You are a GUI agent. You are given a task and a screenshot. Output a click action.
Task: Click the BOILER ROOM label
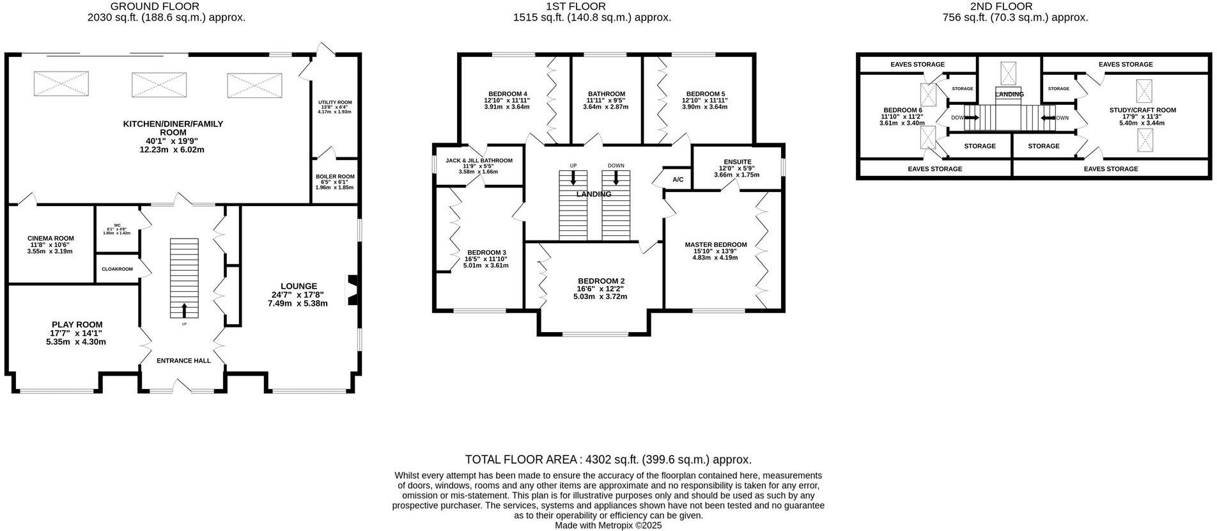(x=335, y=177)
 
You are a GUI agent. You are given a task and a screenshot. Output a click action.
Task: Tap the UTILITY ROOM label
(x=335, y=102)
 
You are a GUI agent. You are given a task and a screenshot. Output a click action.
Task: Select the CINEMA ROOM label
(x=50, y=239)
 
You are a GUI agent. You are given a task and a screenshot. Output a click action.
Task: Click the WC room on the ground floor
(x=117, y=228)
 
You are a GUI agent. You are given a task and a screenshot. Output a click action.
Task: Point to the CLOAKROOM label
(x=117, y=269)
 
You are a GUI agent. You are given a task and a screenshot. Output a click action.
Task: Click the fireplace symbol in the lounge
(x=352, y=290)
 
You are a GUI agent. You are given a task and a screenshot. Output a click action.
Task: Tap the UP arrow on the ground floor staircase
(x=185, y=310)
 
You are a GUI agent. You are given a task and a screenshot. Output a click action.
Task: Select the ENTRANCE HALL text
(x=184, y=361)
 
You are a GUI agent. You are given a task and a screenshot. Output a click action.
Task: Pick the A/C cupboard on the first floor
(x=678, y=180)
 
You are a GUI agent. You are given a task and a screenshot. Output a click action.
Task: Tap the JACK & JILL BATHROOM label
(x=479, y=161)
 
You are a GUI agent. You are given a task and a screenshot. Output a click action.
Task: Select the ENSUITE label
(x=738, y=162)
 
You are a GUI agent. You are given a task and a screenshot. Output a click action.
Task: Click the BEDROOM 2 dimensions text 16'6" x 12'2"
(x=600, y=289)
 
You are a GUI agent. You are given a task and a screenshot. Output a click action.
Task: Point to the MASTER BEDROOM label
(x=716, y=245)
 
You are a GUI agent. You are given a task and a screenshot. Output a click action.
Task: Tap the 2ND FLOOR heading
(x=1015, y=6)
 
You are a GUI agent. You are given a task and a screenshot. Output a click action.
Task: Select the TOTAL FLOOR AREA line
(x=608, y=459)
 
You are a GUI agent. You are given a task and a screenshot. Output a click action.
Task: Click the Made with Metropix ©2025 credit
(x=608, y=525)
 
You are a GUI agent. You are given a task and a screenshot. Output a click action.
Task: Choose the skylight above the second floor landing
(x=1009, y=73)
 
